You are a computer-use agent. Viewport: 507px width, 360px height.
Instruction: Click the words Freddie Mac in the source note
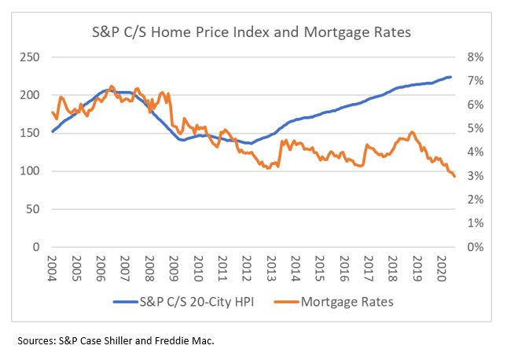[189, 341]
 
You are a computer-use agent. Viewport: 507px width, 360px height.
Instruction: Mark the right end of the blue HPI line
[451, 76]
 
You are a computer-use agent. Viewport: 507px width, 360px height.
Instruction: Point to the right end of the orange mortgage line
[454, 176]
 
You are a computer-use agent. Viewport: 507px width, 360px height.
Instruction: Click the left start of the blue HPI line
[52, 131]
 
